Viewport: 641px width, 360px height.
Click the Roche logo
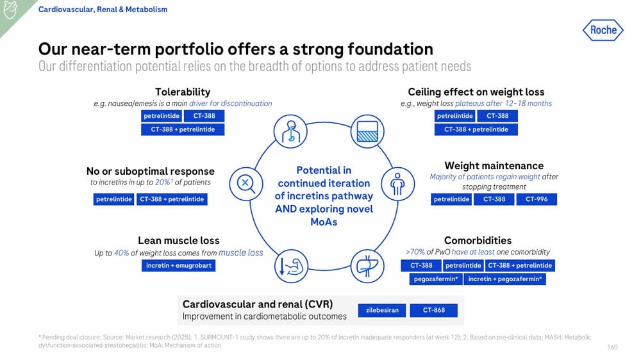point(603,30)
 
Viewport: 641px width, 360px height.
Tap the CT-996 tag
point(537,199)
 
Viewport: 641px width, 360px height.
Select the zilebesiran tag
point(382,310)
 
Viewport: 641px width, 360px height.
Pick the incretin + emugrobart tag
point(178,266)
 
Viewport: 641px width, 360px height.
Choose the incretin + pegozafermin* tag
point(504,279)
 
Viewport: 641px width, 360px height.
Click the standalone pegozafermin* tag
point(435,279)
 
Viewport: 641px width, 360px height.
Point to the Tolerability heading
point(183,92)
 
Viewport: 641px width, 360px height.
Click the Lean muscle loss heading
point(178,241)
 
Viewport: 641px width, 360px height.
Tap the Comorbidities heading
point(478,241)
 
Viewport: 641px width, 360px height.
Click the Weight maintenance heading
point(494,166)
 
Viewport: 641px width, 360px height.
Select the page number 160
point(612,347)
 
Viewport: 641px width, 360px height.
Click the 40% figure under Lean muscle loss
point(121,253)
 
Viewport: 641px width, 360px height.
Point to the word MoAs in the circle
point(324,222)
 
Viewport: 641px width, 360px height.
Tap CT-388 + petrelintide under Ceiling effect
point(476,129)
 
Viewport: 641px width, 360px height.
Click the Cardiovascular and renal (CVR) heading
point(257,304)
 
